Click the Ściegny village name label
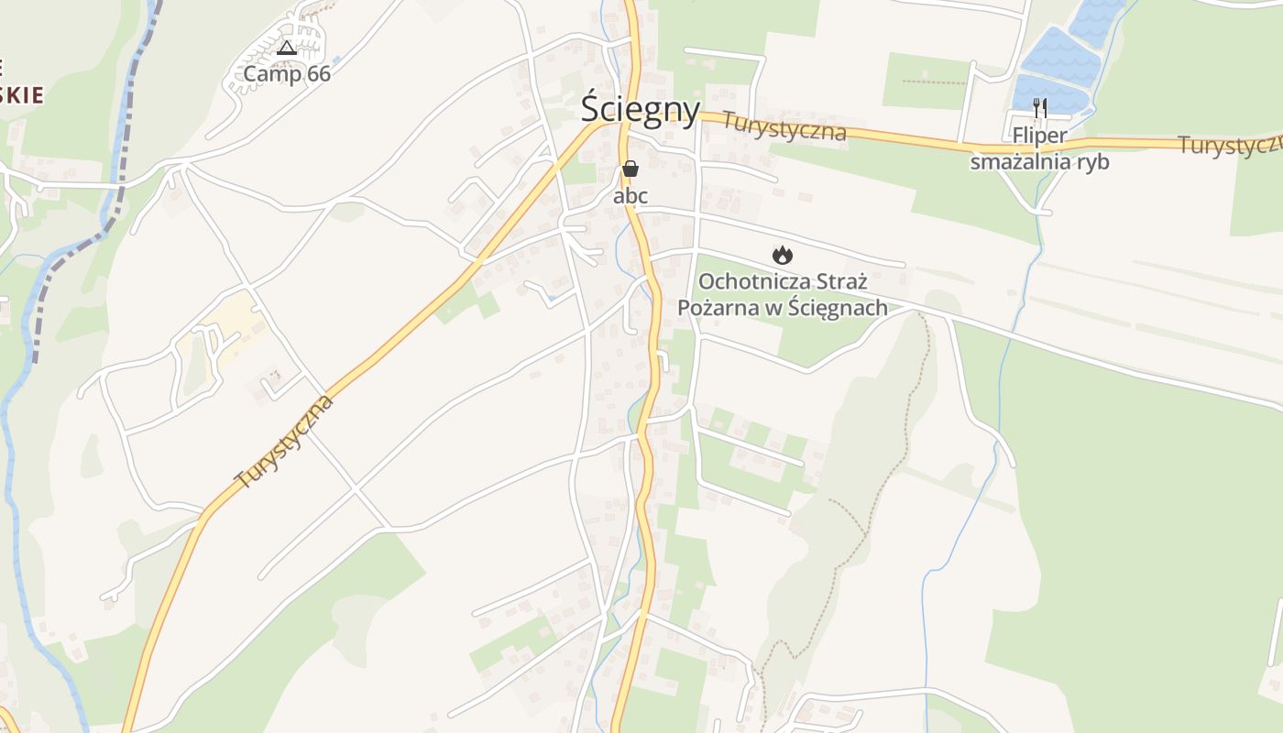tap(641, 109)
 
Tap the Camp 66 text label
tap(286, 74)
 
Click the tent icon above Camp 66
tap(287, 48)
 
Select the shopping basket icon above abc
tap(631, 169)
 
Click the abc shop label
tap(631, 195)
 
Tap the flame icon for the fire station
tap(782, 255)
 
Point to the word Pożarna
tap(716, 307)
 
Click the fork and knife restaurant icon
tap(1039, 108)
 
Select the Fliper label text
tap(1039, 137)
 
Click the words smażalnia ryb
tap(1039, 162)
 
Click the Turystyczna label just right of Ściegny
tap(784, 126)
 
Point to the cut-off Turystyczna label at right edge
tap(1229, 145)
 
